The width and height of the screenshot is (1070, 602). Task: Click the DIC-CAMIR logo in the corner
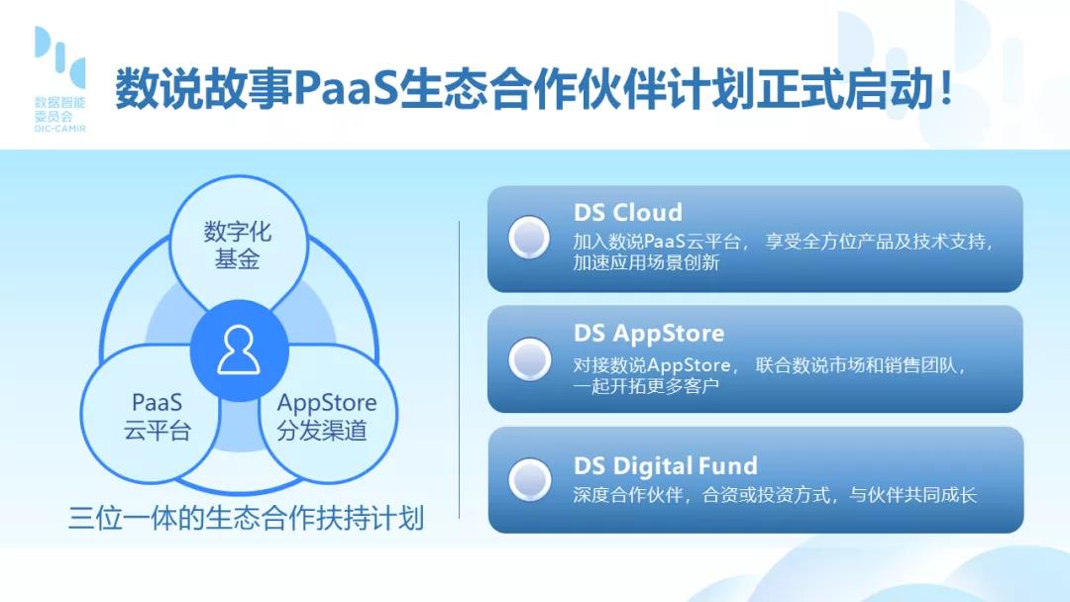pyautogui.click(x=60, y=79)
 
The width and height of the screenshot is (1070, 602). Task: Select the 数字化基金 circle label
pyautogui.click(x=238, y=245)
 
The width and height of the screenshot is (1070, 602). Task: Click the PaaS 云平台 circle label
pyautogui.click(x=157, y=417)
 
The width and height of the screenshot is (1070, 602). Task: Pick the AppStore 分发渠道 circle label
pyautogui.click(x=326, y=417)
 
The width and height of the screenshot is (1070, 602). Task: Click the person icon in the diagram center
pyautogui.click(x=239, y=350)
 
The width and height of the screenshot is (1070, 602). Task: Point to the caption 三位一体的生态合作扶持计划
pyautogui.click(x=247, y=518)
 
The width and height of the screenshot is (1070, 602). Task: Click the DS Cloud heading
pyautogui.click(x=628, y=212)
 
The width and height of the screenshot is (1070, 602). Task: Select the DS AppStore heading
pyautogui.click(x=649, y=334)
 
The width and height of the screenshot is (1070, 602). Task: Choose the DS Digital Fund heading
pyautogui.click(x=666, y=465)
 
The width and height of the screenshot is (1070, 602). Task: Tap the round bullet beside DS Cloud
pyautogui.click(x=529, y=238)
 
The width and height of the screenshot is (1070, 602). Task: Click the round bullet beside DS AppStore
pyautogui.click(x=529, y=358)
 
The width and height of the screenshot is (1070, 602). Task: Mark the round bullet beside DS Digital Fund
pyautogui.click(x=529, y=479)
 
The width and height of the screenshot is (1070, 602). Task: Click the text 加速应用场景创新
pyautogui.click(x=646, y=262)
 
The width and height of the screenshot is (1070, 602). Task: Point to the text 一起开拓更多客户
pyautogui.click(x=646, y=386)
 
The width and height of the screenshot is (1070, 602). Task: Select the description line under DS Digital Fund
pyautogui.click(x=775, y=495)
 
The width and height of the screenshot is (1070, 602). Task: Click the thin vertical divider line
pyautogui.click(x=460, y=369)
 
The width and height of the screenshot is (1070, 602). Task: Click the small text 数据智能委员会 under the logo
pyautogui.click(x=60, y=110)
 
